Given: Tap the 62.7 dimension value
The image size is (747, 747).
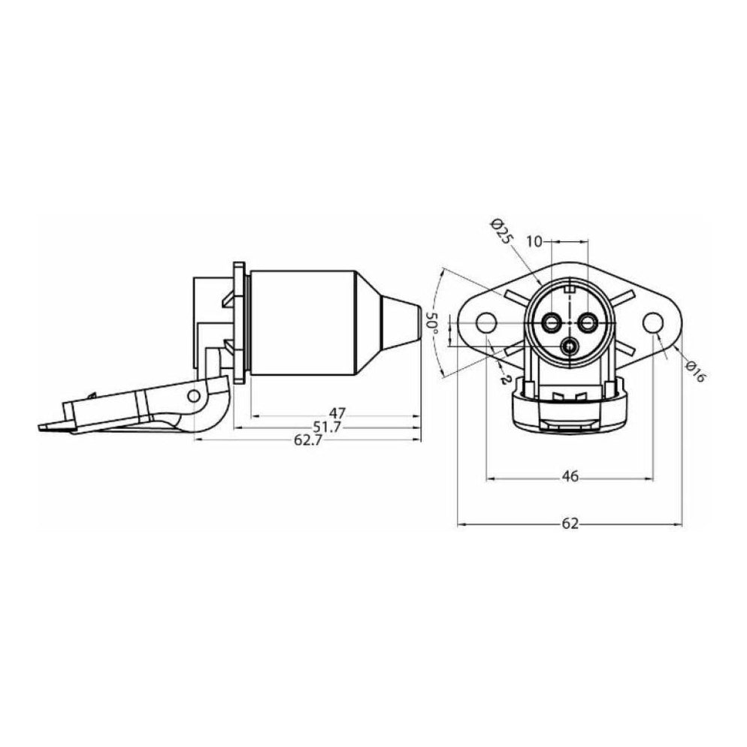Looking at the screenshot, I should [307, 440].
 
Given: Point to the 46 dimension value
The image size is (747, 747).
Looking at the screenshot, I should [570, 476].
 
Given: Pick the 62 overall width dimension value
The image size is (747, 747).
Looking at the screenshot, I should [570, 524].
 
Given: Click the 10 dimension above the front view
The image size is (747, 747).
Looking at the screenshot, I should [534, 241].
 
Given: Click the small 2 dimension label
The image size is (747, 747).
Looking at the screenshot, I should [501, 379].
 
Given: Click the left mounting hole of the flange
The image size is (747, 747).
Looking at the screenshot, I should [487, 323].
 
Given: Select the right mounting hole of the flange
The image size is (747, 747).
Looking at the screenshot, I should [653, 323].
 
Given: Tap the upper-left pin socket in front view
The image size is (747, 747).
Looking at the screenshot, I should [553, 322].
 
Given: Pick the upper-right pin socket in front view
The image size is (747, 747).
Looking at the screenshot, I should [587, 322].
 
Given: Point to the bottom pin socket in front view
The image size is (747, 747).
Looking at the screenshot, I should [570, 346].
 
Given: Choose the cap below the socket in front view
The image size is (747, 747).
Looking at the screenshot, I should [570, 410].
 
